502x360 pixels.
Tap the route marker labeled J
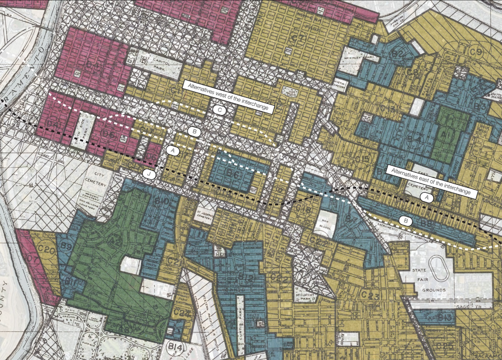tap(149, 174)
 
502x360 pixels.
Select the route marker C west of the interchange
tap(220, 110)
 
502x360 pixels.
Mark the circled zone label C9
tap(476, 53)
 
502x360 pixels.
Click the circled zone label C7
tap(300, 38)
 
